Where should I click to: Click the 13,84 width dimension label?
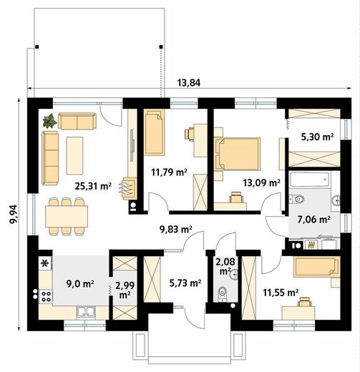click(188, 83)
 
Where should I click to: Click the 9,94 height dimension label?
click(14, 214)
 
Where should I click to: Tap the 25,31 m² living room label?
click(93, 186)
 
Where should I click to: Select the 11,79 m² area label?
click(169, 172)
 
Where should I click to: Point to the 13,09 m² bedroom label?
click(261, 183)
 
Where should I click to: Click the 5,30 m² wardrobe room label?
click(317, 137)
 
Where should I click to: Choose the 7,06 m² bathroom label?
click(314, 219)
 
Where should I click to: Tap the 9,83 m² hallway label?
click(176, 229)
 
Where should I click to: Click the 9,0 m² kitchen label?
click(80, 284)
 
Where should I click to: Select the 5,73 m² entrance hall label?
click(185, 283)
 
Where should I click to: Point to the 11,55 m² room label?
click(281, 292)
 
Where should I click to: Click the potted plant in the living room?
click(50, 121)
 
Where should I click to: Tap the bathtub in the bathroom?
click(310, 180)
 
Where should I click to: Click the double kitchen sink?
click(86, 312)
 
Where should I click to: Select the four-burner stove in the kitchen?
click(46, 296)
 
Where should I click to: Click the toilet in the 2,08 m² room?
click(223, 294)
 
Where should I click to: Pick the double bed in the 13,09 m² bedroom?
click(237, 154)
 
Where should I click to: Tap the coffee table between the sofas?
click(74, 155)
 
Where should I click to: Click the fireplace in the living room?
click(129, 188)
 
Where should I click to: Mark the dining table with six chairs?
click(67, 216)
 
